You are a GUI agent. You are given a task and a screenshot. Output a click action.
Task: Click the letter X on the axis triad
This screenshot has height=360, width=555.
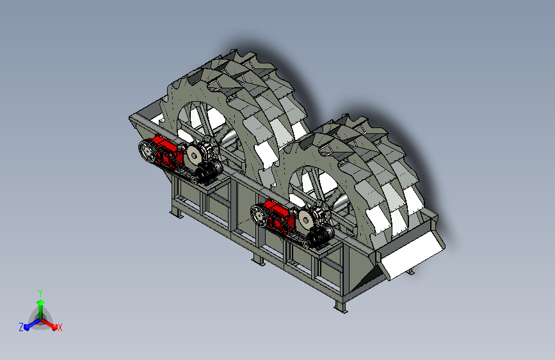click(x=60, y=327)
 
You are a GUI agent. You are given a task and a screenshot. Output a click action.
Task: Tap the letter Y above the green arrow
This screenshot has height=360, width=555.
click(x=40, y=293)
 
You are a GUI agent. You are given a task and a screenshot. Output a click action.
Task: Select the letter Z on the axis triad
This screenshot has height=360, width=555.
click(x=21, y=327)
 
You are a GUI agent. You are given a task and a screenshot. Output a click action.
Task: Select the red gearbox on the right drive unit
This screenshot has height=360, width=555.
click(x=278, y=217)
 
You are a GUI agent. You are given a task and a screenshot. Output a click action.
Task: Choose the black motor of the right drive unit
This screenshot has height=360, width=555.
click(x=321, y=235)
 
